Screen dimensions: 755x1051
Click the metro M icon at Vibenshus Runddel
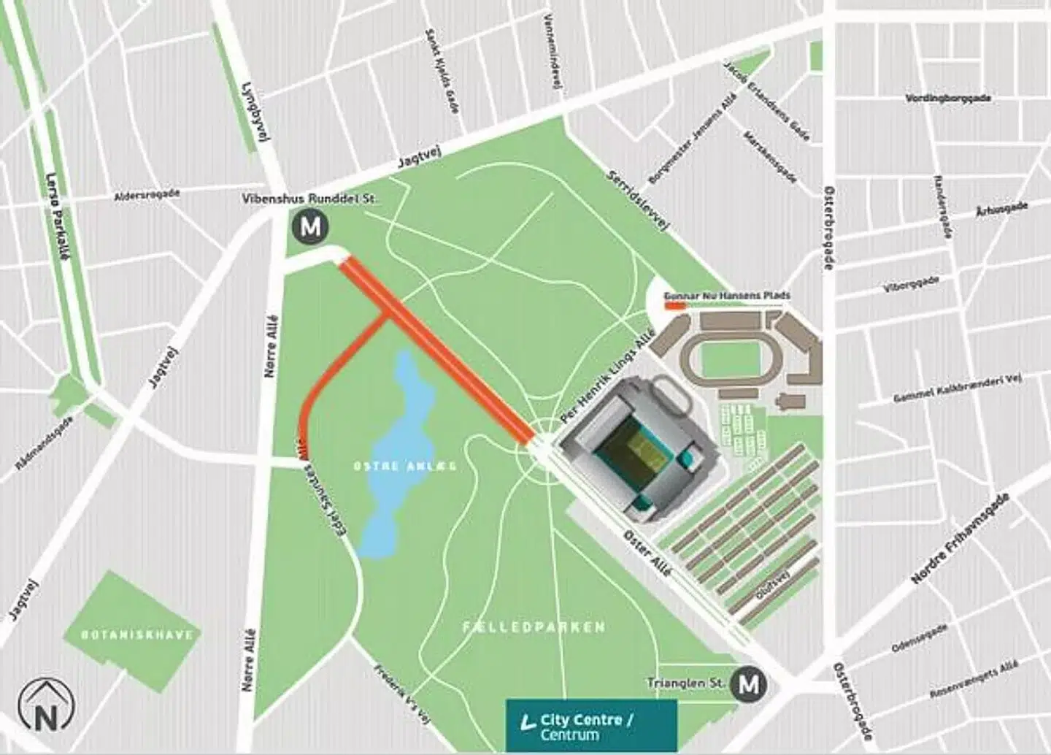(310, 226)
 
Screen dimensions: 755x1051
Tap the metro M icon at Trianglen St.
(749, 685)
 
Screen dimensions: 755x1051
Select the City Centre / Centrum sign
(591, 726)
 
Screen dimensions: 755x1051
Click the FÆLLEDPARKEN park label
(534, 627)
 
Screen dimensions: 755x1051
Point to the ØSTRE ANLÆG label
(405, 466)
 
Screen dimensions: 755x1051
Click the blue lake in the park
(398, 453)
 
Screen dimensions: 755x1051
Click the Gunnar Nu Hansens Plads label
(726, 296)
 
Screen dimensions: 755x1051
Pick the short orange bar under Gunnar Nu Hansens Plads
(674, 307)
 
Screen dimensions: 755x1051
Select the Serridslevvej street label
(637, 201)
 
